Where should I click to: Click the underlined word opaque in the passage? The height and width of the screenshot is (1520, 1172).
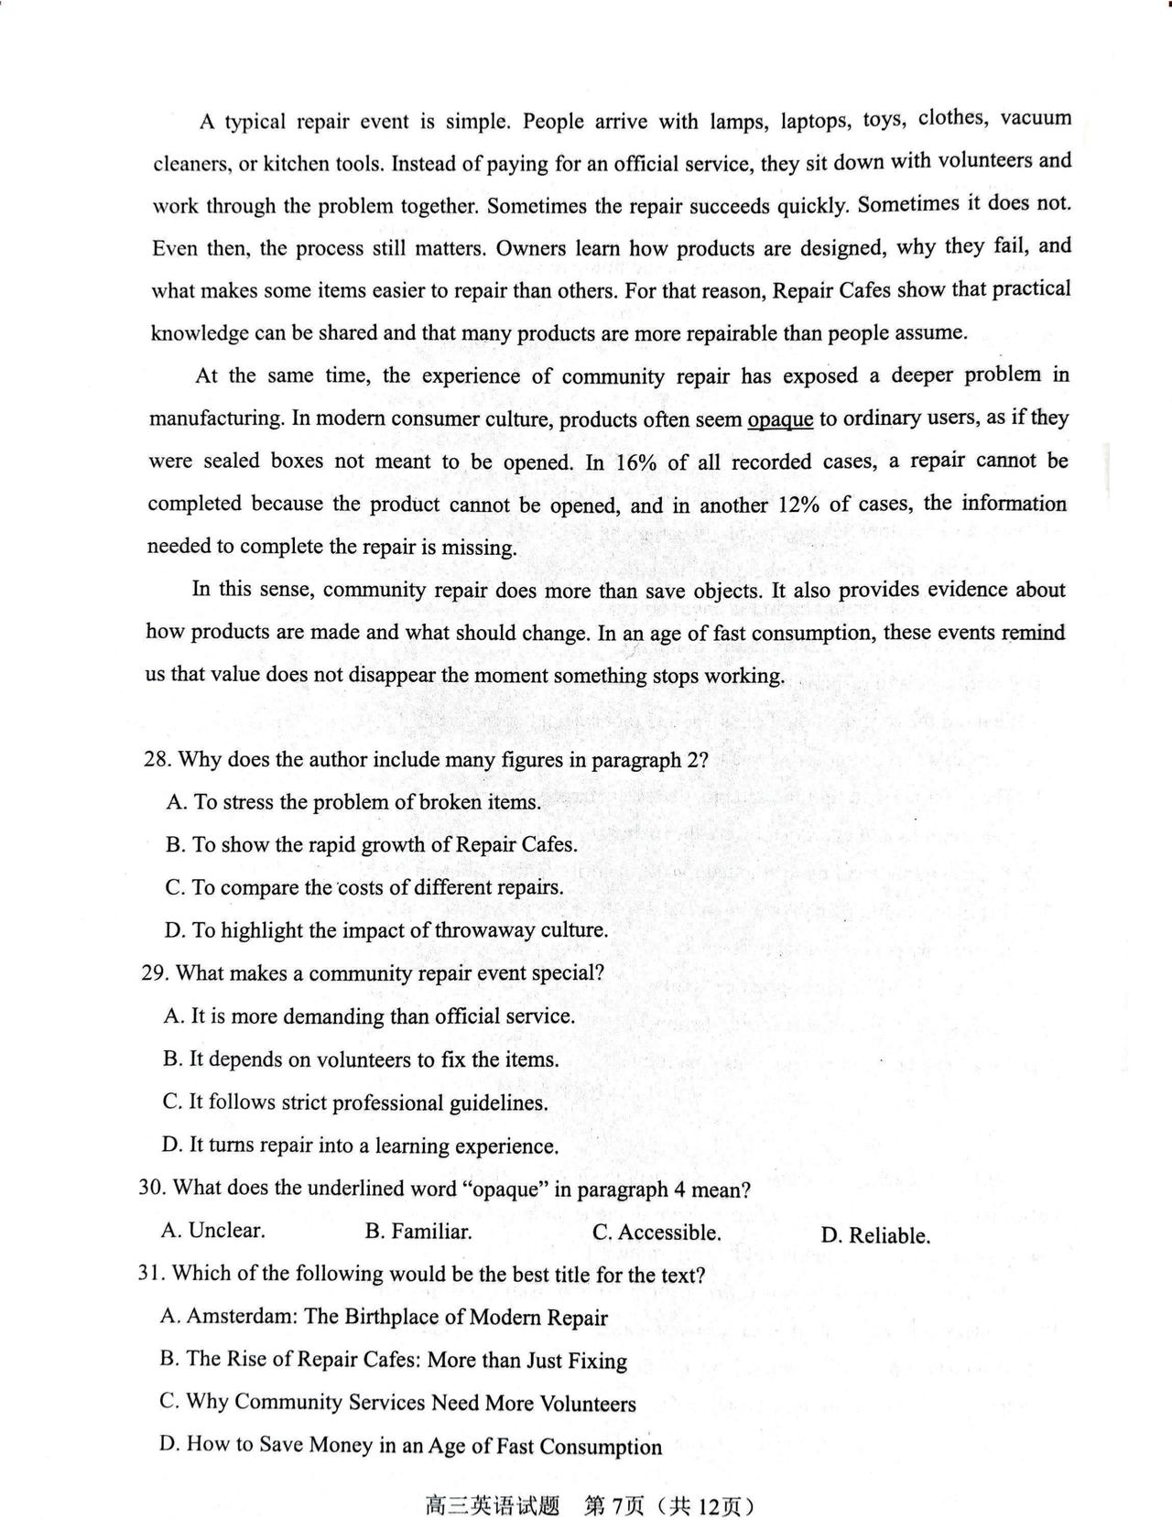[x=780, y=419]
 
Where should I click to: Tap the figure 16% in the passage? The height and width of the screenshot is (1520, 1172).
[x=636, y=462]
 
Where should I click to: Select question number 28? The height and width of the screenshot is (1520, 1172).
[x=157, y=760]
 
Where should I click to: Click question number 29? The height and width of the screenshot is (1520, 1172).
[x=155, y=972]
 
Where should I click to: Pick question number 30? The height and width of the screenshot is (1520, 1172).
[x=152, y=1188]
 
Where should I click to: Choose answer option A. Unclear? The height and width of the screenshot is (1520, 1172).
[x=213, y=1231]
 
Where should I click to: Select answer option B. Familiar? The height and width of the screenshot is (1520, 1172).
[x=418, y=1232]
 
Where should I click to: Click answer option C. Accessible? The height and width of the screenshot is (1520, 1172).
[x=657, y=1233]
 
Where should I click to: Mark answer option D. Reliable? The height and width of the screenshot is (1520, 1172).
[x=875, y=1236]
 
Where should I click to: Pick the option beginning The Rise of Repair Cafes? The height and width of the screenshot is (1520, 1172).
[x=394, y=1360]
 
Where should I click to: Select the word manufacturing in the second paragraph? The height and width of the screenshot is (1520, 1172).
[x=216, y=418]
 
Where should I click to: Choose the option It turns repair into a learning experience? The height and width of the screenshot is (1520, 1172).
[x=361, y=1145]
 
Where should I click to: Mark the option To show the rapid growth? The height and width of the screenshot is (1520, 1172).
[x=372, y=844]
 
